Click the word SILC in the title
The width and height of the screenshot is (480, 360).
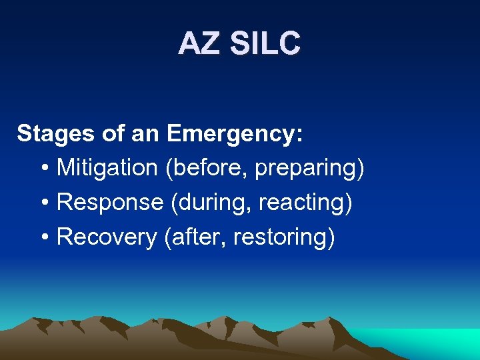[x=265, y=44]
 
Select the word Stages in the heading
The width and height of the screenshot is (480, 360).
[x=56, y=133]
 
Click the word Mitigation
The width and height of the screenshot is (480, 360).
[x=107, y=168]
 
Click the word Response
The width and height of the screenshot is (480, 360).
[x=110, y=203]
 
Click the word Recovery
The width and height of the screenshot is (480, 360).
[x=107, y=237]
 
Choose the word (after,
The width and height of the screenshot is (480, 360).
[x=195, y=237]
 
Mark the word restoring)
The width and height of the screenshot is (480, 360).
[x=284, y=237]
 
